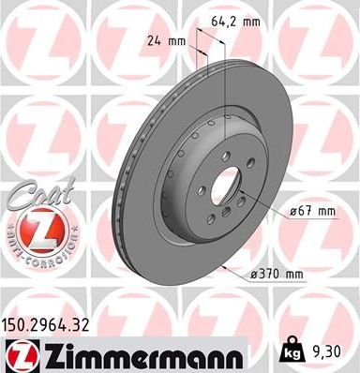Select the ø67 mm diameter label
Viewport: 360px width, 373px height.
312,211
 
